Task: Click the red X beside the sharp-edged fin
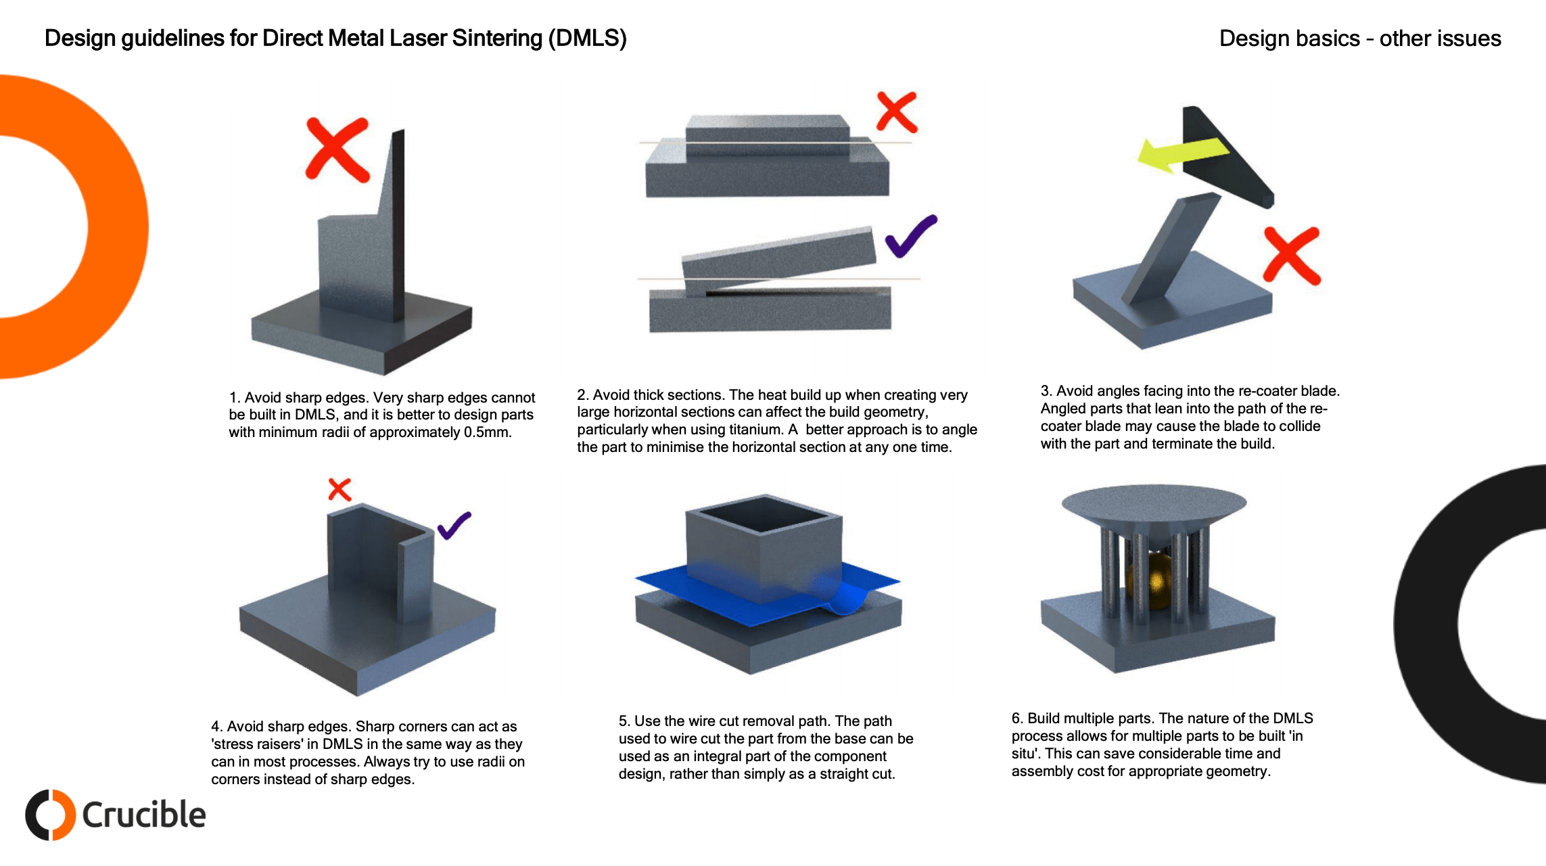click(337, 150)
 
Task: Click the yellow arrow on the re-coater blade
click(1180, 154)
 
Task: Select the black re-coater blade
click(1224, 159)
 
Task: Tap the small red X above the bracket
click(339, 489)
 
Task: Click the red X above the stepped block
click(897, 112)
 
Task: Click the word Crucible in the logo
click(144, 815)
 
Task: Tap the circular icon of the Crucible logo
click(50, 815)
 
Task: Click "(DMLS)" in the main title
click(587, 39)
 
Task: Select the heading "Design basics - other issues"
click(1359, 39)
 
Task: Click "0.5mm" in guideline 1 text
click(486, 432)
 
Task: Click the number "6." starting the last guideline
click(1017, 719)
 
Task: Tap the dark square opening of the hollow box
click(764, 514)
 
